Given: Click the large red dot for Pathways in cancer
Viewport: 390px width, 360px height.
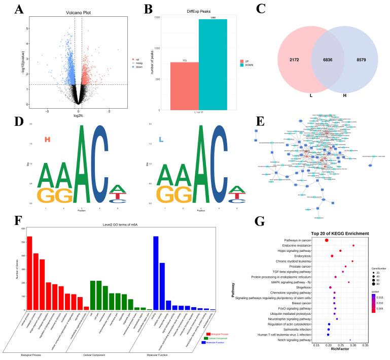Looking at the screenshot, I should tap(327, 240).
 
